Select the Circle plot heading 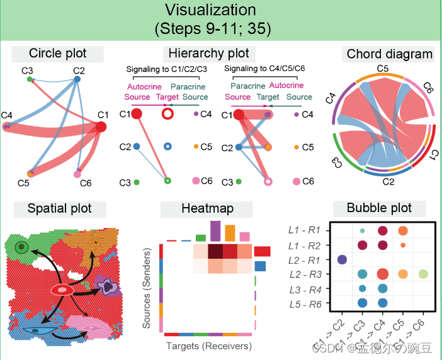58,53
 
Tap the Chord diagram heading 390,54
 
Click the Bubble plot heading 380,208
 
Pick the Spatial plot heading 59,208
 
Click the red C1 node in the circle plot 100,127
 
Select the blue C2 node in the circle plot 77,79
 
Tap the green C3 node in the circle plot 30,79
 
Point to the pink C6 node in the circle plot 77,173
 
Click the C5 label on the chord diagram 382,68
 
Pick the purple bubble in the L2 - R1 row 342,259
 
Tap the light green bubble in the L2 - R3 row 423,274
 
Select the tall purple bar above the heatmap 215,231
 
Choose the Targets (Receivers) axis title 208,346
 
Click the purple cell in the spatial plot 108,287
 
